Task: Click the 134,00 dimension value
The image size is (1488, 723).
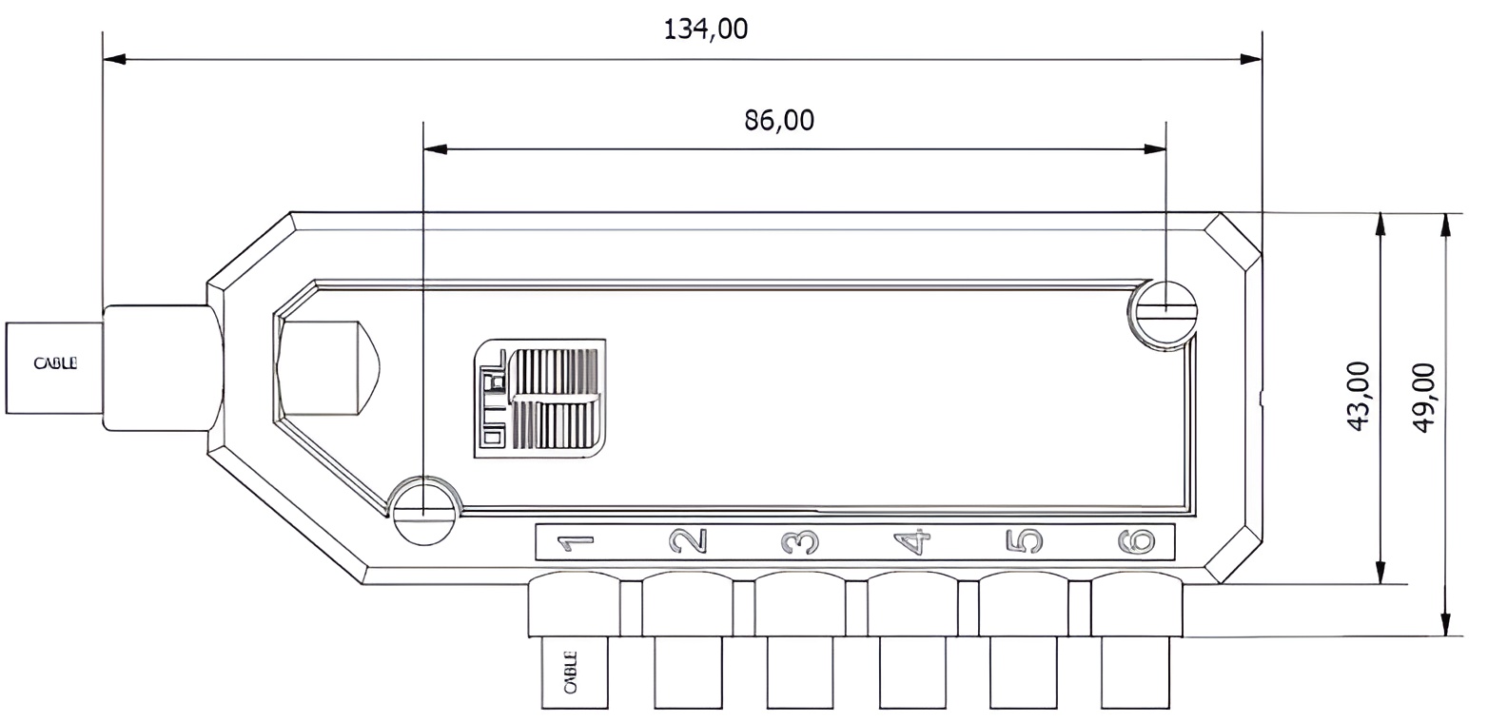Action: pyautogui.click(x=705, y=29)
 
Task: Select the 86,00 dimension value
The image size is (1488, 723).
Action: pyautogui.click(x=779, y=121)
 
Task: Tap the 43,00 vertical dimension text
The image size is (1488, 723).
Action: pyautogui.click(x=1360, y=397)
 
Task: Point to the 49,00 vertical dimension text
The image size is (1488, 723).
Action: pyautogui.click(x=1424, y=397)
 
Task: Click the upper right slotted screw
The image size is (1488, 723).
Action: pyautogui.click(x=1165, y=313)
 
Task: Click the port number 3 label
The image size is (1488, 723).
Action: pyautogui.click(x=800, y=542)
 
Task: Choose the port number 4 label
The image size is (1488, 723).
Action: pyautogui.click(x=912, y=542)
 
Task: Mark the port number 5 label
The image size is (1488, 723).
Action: pyautogui.click(x=1024, y=542)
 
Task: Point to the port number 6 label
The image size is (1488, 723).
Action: pyautogui.click(x=1136, y=542)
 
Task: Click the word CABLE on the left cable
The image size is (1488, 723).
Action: pyautogui.click(x=55, y=363)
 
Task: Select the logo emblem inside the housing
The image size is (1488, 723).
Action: pyautogui.click(x=539, y=399)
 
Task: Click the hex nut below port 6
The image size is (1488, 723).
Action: pyautogui.click(x=1136, y=605)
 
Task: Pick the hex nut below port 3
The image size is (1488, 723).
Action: pyautogui.click(x=800, y=605)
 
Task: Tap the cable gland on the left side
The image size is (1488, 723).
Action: pyautogui.click(x=157, y=368)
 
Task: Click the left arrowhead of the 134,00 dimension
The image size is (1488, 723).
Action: pyautogui.click(x=114, y=59)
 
